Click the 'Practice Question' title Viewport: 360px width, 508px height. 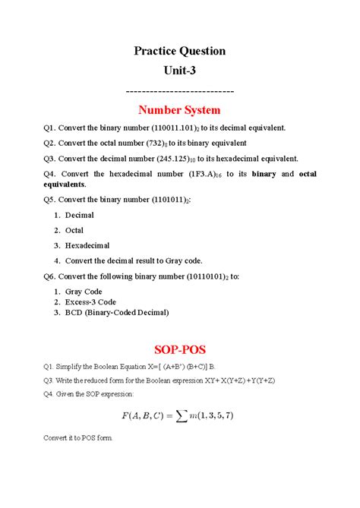pos(180,52)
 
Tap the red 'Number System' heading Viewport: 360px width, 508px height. pos(180,110)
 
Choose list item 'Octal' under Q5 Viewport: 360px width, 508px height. pos(74,230)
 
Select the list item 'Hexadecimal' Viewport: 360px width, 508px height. pos(87,245)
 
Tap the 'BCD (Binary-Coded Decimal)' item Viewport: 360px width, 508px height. pos(116,312)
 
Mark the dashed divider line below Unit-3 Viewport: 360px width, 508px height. pos(180,91)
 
